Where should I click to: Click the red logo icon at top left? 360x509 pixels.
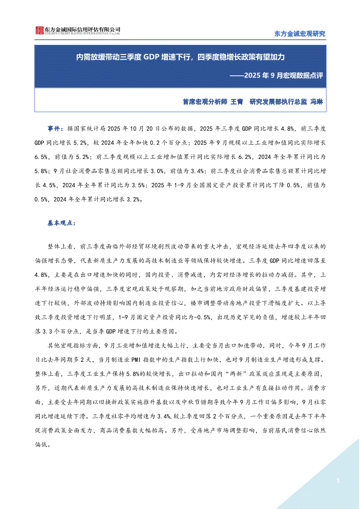40,30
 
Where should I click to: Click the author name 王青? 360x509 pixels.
236,101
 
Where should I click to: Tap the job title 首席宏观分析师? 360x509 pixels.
205,101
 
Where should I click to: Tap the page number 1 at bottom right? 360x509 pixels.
338,480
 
